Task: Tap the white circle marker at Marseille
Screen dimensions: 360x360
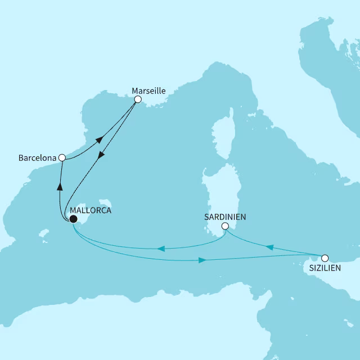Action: pos(137,100)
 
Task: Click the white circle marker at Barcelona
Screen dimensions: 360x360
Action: pos(62,158)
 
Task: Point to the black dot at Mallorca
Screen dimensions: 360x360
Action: pos(73,219)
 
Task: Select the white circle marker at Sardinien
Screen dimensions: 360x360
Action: pos(224,226)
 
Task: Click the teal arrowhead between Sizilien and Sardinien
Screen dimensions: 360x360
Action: pos(269,247)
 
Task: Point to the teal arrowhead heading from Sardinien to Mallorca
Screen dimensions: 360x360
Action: pos(160,248)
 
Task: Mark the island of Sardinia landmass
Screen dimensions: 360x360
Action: pos(217,191)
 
